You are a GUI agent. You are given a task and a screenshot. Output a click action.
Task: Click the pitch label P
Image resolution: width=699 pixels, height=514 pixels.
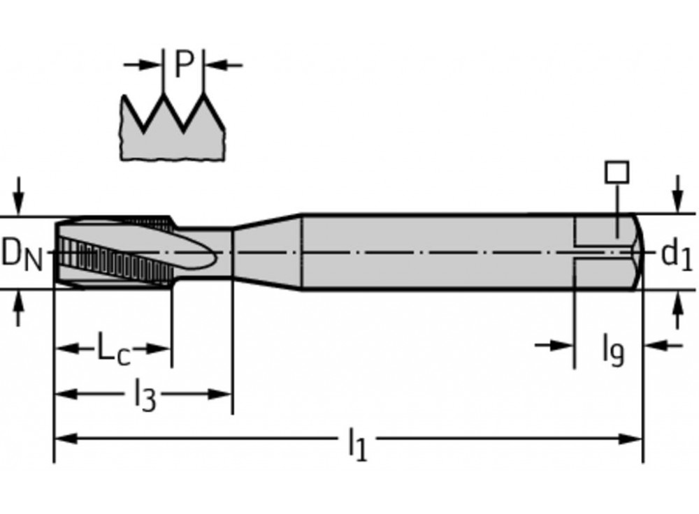coord(182,65)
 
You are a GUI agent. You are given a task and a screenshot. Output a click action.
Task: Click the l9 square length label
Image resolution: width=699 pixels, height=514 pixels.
coord(613,349)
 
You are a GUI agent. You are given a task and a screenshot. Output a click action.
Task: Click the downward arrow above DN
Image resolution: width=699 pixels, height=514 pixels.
coord(20,199)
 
